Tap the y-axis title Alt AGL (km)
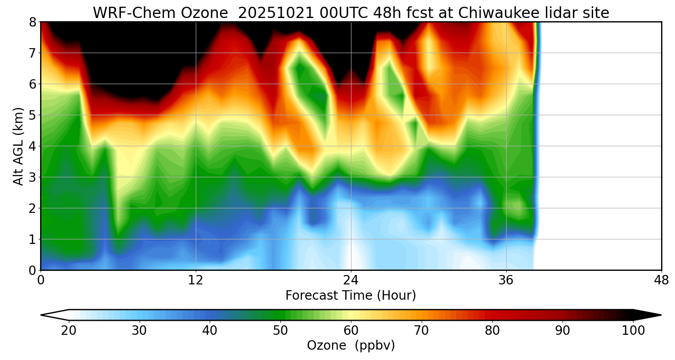(18, 146)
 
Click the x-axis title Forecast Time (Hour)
(351, 296)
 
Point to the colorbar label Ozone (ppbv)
(351, 346)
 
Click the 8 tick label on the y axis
(31, 22)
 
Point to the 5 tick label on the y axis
(31, 115)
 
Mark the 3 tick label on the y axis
(31, 177)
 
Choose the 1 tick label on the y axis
(31, 239)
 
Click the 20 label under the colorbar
(68, 331)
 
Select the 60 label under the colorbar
(351, 331)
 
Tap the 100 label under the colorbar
(633, 331)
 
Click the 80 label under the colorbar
(492, 331)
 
